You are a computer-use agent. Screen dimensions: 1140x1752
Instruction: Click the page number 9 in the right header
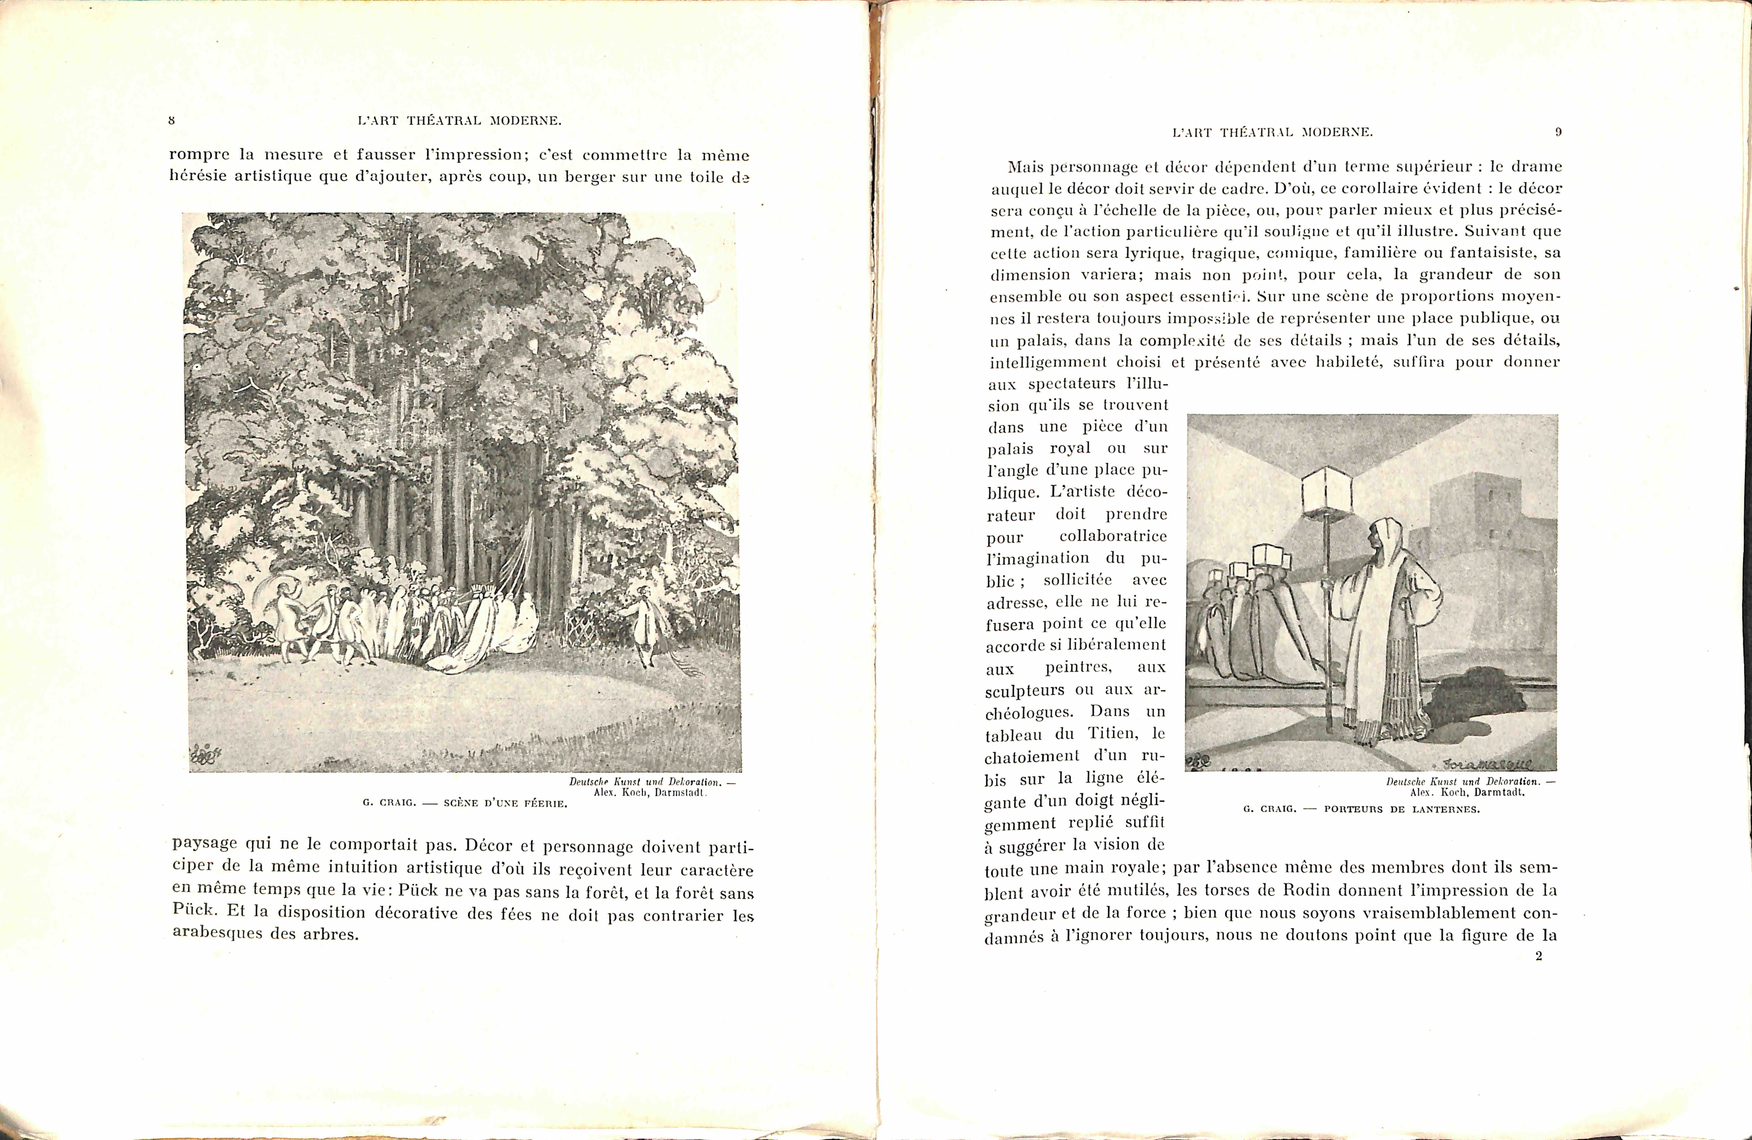[1558, 133]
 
